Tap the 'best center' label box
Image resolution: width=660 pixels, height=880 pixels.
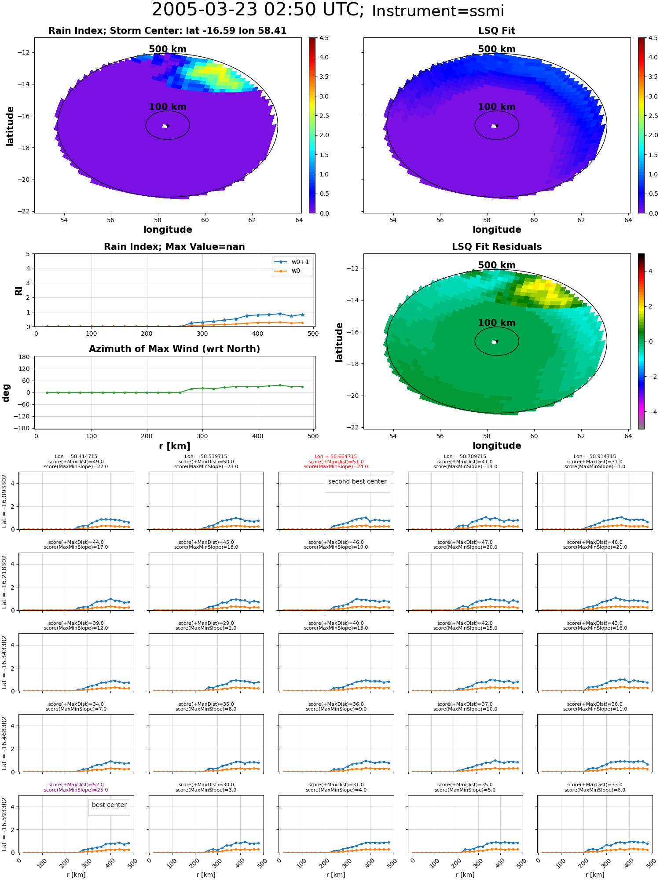pos(109,805)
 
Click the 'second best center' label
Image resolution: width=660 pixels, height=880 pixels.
pos(357,481)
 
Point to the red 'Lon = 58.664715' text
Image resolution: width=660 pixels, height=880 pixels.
pos(336,457)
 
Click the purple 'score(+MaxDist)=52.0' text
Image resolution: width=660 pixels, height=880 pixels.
pos(76,785)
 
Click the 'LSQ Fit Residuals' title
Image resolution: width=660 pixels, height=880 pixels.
pos(497,247)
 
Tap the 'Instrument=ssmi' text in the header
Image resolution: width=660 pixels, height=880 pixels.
pos(438,11)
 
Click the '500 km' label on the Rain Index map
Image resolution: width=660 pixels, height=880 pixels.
pos(168,49)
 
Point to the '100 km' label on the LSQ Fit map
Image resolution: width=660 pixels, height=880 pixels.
pos(497,107)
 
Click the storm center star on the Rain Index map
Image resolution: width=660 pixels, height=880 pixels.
pos(168,125)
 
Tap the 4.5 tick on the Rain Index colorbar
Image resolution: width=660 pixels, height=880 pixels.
pos(324,38)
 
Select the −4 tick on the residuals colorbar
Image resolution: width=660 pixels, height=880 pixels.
pos(650,412)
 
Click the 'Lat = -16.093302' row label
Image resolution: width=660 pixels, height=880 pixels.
pos(4,501)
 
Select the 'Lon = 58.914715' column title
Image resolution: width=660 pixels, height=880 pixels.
pos(595,457)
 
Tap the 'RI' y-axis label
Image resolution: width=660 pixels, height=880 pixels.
pos(18,290)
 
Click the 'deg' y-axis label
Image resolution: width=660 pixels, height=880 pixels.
pos(6,392)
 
